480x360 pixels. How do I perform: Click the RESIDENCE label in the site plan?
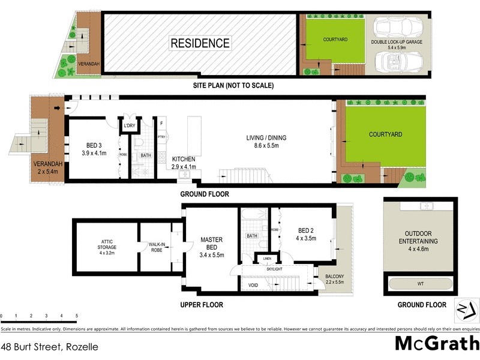[x=200, y=43]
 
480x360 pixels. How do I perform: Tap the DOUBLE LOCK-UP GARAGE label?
[x=397, y=44]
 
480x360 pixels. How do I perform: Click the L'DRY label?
[x=129, y=125]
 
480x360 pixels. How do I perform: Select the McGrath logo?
[x=436, y=344]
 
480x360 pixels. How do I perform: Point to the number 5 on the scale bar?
[x=77, y=316]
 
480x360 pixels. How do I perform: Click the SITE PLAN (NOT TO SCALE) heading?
[x=233, y=85]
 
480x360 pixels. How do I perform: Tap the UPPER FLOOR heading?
[x=202, y=305]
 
